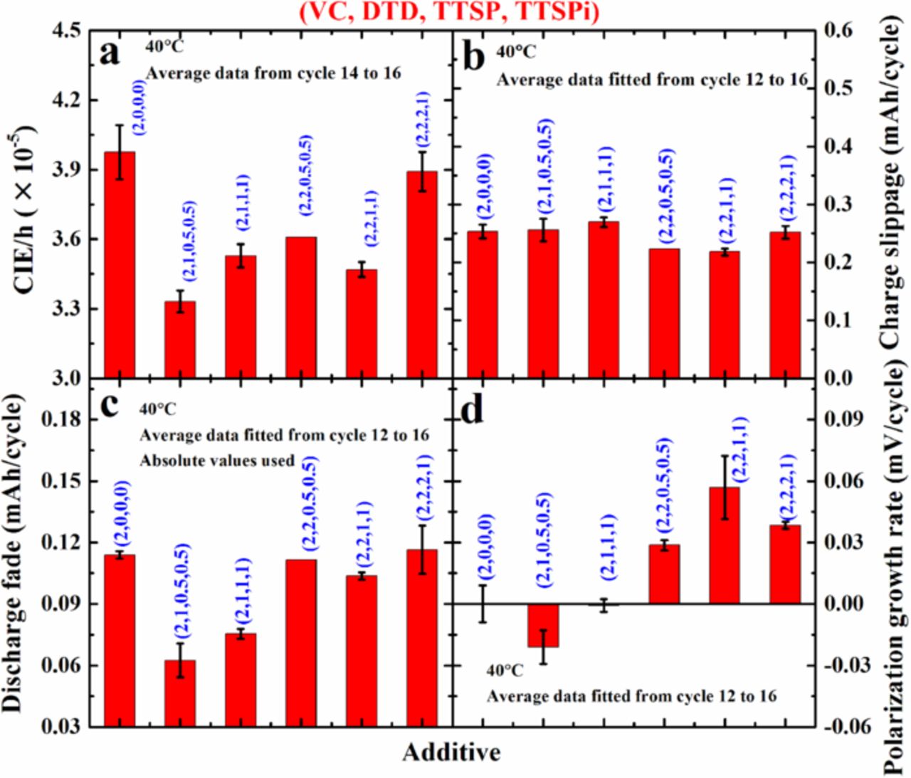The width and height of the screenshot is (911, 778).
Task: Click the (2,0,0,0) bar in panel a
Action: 119,264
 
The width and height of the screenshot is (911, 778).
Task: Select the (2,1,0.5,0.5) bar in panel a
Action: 180,340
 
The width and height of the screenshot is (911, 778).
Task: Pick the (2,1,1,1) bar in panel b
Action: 603,300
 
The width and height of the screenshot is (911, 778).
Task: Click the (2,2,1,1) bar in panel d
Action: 725,545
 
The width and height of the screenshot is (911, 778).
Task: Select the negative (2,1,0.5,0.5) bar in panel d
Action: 543,626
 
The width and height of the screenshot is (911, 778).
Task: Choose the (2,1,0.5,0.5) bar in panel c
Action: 180,693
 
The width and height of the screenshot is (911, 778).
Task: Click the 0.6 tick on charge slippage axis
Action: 841,31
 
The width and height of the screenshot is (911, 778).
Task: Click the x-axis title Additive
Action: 451,752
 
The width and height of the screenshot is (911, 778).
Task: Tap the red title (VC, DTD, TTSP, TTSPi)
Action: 449,12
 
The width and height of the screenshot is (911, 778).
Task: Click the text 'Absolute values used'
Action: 217,461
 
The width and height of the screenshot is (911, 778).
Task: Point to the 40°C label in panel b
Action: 516,52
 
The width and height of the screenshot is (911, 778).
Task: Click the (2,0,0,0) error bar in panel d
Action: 483,604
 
